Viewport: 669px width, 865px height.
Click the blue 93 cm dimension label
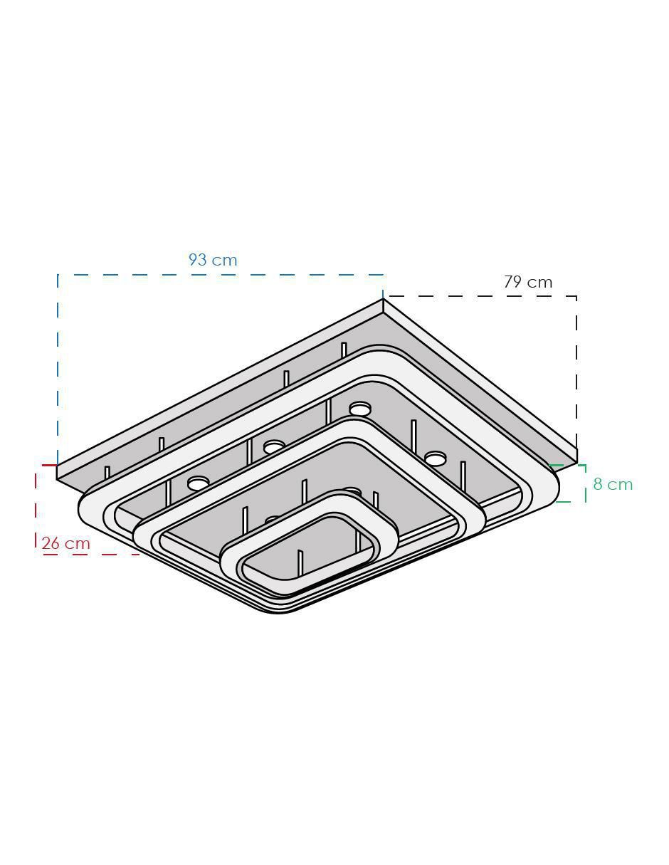click(x=212, y=260)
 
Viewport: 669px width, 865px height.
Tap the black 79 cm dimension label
click(x=528, y=282)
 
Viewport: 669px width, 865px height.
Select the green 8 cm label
click(x=613, y=484)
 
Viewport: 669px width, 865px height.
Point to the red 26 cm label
click(x=66, y=543)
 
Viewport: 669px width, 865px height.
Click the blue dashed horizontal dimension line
click(x=221, y=275)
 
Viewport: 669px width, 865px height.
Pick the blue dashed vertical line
click(x=58, y=369)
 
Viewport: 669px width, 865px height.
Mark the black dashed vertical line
click(x=576, y=372)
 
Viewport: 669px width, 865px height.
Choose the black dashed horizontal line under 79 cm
click(x=480, y=296)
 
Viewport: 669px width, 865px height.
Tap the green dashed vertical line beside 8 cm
click(x=585, y=483)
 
